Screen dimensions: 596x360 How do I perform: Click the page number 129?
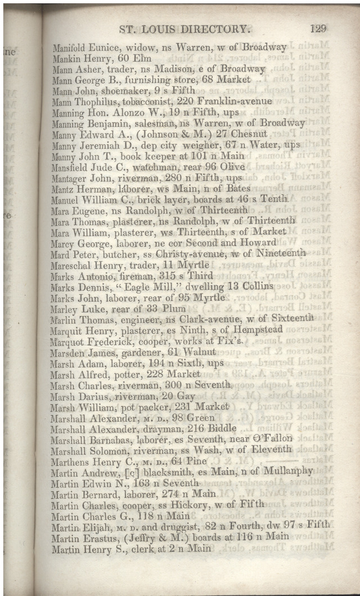coord(318,29)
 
